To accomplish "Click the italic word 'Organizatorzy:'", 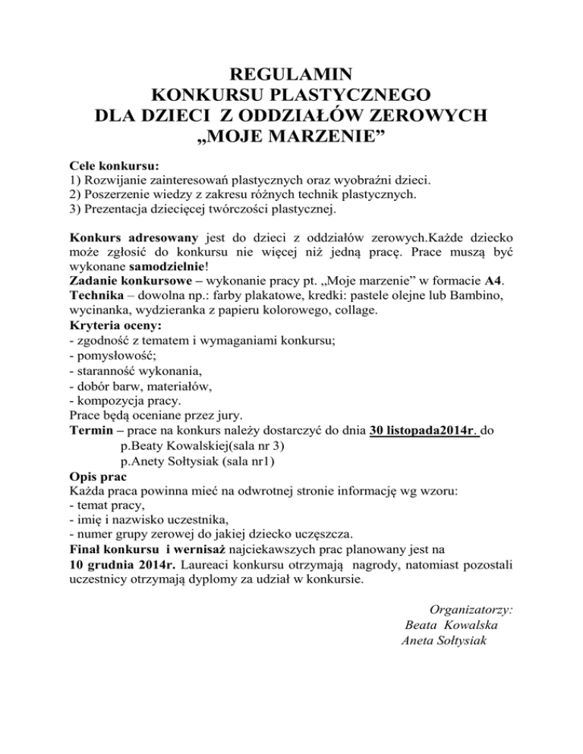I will pyautogui.click(x=471, y=608).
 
